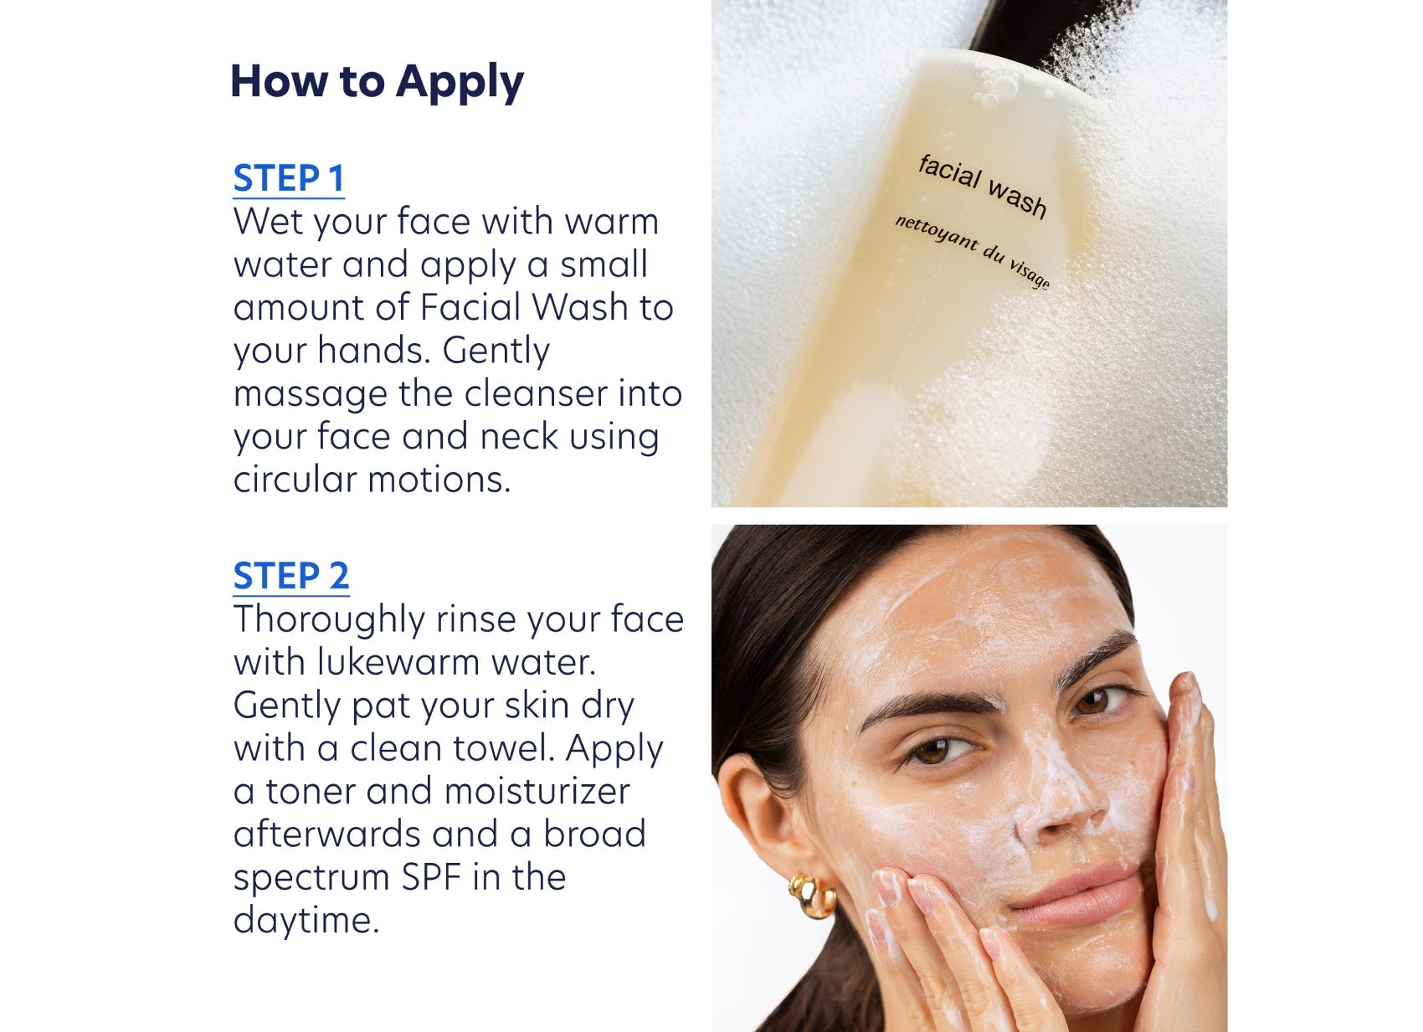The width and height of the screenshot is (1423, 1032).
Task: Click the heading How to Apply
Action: [377, 82]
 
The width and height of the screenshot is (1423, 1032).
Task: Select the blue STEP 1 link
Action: [289, 178]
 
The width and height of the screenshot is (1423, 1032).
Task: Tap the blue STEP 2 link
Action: [290, 576]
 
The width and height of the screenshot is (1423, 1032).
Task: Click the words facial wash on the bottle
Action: [982, 186]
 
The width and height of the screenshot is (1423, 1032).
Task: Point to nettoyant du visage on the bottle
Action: [972, 250]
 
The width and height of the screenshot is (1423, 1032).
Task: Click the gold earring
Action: [811, 895]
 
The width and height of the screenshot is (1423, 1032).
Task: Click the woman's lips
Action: [1080, 900]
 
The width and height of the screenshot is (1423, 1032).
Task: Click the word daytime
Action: [306, 920]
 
